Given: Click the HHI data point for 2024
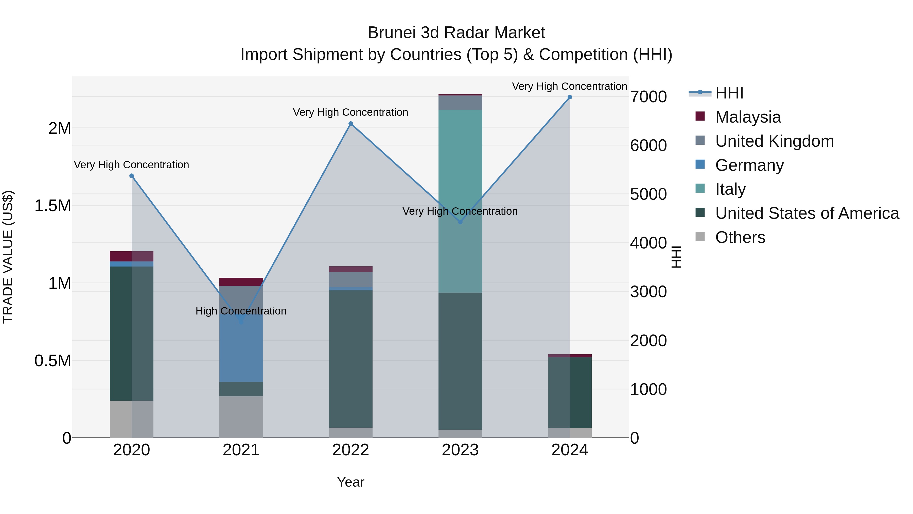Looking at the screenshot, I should [570, 97].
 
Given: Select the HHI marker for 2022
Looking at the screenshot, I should [350, 124].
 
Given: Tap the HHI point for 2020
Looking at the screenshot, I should [131, 176].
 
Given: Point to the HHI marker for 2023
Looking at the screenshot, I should [460, 222].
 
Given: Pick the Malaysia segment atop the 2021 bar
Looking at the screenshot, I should [241, 282].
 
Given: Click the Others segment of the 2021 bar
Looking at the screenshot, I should [241, 417].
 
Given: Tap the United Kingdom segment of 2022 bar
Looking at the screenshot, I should [350, 279].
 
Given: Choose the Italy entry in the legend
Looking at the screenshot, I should [730, 189].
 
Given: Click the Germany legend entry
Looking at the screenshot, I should [749, 165].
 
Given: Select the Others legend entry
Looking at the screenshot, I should [740, 237].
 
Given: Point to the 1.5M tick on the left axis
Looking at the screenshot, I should [53, 206].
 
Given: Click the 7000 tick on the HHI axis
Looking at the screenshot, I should [648, 97].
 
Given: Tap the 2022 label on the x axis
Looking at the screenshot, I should [350, 450].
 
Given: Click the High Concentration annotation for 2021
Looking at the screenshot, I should [241, 311].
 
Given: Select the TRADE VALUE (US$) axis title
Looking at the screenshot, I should [8, 257].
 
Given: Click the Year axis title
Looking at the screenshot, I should [350, 482].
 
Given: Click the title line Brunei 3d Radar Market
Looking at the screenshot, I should [456, 33].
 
